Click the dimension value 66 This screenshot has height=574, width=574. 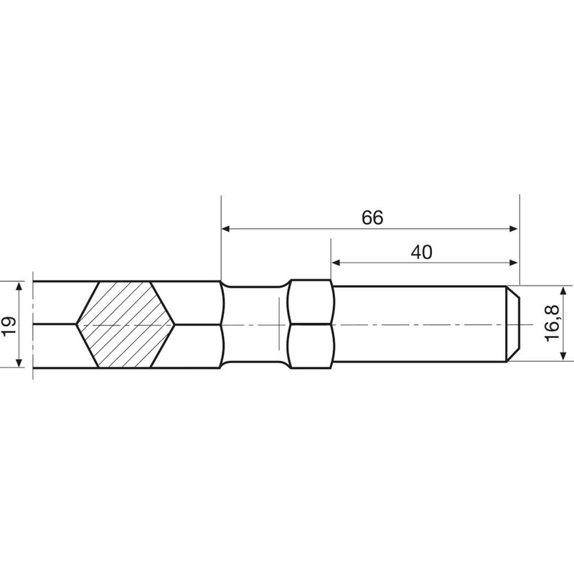pos(372,217)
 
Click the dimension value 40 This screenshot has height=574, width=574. pos(421,253)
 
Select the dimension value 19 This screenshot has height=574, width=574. pos(9,326)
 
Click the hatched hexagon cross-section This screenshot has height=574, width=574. pos(125,324)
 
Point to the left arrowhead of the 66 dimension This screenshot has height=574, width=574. pos(226,229)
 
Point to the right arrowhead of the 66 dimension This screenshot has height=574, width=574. pos(514,229)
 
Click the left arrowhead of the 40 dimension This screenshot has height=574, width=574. pos(336,263)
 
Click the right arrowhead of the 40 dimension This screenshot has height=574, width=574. pos(514,263)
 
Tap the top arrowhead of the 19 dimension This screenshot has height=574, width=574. pos(19,286)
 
